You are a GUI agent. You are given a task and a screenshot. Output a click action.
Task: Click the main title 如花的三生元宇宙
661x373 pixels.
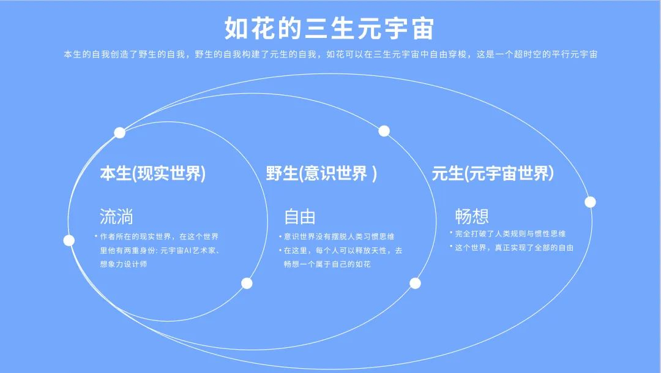pyautogui.click(x=329, y=28)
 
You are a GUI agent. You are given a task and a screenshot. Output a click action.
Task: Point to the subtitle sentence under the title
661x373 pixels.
pyautogui.click(x=330, y=55)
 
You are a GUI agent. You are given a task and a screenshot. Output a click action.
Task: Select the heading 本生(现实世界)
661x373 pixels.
pyautogui.click(x=152, y=173)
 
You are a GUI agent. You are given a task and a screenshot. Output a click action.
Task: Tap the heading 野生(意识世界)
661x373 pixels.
pyautogui.click(x=321, y=173)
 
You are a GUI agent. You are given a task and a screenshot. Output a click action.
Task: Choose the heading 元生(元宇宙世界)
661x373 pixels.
pyautogui.click(x=492, y=173)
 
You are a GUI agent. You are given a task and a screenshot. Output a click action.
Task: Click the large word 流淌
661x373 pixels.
pyautogui.click(x=116, y=216)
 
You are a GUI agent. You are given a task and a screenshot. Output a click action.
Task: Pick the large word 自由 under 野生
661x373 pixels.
pyautogui.click(x=300, y=217)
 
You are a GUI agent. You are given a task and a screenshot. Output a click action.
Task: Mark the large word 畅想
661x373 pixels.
pyautogui.click(x=472, y=216)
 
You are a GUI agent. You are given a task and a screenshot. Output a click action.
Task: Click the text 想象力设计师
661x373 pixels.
pyautogui.click(x=124, y=264)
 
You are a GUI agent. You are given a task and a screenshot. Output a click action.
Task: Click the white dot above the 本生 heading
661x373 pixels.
pyautogui.click(x=120, y=133)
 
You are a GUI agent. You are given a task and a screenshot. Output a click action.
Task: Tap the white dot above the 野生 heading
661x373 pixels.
pyautogui.click(x=384, y=131)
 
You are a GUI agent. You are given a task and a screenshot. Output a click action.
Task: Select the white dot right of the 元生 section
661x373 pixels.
pyautogui.click(x=590, y=202)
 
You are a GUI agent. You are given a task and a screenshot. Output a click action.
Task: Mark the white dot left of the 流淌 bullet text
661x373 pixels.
pyautogui.click(x=69, y=241)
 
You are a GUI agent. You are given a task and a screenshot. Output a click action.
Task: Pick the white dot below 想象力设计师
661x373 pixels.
pyautogui.click(x=247, y=283)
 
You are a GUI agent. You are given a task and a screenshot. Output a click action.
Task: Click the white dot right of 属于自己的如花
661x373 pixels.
pyautogui.click(x=415, y=283)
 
